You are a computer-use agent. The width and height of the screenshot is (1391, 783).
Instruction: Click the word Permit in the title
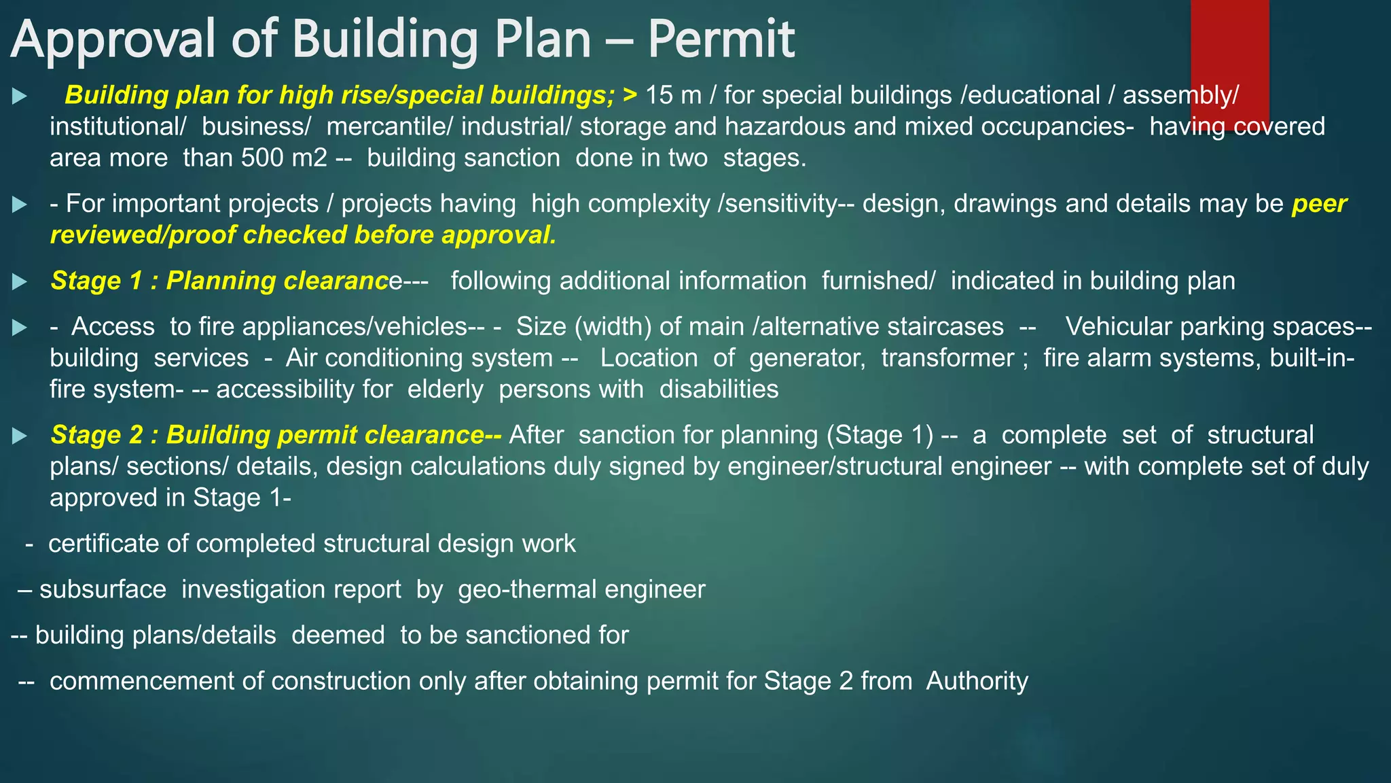click(x=721, y=39)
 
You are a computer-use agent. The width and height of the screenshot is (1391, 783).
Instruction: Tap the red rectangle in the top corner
click(x=1229, y=61)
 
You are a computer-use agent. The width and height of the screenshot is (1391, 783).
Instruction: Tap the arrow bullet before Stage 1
click(x=20, y=281)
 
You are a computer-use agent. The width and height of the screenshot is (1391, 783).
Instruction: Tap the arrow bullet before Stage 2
click(x=20, y=436)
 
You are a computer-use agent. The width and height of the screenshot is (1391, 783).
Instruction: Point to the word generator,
click(x=807, y=358)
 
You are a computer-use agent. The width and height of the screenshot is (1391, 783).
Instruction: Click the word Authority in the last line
click(x=977, y=680)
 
